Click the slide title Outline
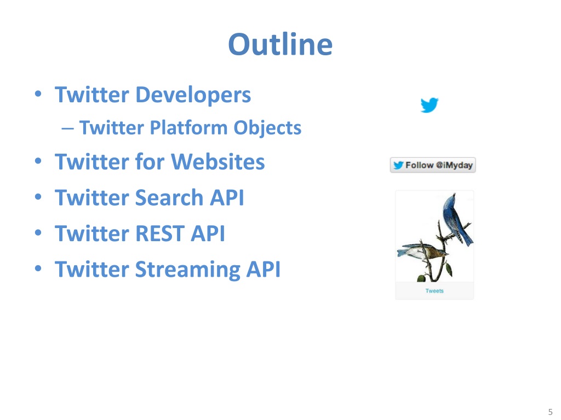click(x=280, y=44)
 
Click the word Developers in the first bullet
click(x=193, y=95)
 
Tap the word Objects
click(x=267, y=128)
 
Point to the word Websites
click(x=218, y=161)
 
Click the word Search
click(x=169, y=197)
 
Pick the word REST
click(x=159, y=234)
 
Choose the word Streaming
click(x=187, y=270)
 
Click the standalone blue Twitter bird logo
click(x=430, y=105)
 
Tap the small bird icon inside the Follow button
click(x=399, y=165)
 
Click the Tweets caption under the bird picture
click(x=434, y=291)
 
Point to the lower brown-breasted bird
click(x=422, y=250)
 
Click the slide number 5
click(x=550, y=412)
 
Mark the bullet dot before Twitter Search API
click(x=38, y=197)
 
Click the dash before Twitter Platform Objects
click(x=67, y=129)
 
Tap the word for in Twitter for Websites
click(x=150, y=161)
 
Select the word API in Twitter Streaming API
click(x=264, y=269)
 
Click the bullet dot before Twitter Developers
click(x=38, y=94)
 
